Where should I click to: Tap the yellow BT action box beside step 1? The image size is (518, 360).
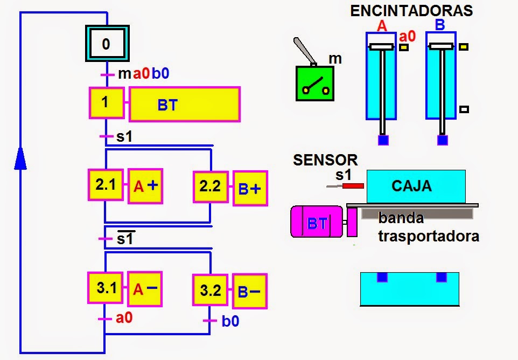click(184, 104)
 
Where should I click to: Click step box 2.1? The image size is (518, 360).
click(106, 185)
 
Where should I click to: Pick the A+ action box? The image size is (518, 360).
click(145, 186)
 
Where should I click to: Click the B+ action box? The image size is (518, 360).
click(250, 189)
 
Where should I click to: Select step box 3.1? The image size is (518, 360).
click(106, 288)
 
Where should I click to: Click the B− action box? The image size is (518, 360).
click(249, 292)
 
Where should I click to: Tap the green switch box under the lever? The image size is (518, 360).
click(314, 84)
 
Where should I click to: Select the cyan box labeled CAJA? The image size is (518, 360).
click(416, 186)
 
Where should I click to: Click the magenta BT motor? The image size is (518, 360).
click(317, 221)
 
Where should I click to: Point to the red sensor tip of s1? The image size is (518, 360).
click(353, 186)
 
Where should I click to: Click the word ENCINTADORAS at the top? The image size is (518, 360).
click(411, 10)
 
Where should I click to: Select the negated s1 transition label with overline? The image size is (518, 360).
click(125, 238)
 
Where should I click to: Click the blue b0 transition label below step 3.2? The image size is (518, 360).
click(230, 322)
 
